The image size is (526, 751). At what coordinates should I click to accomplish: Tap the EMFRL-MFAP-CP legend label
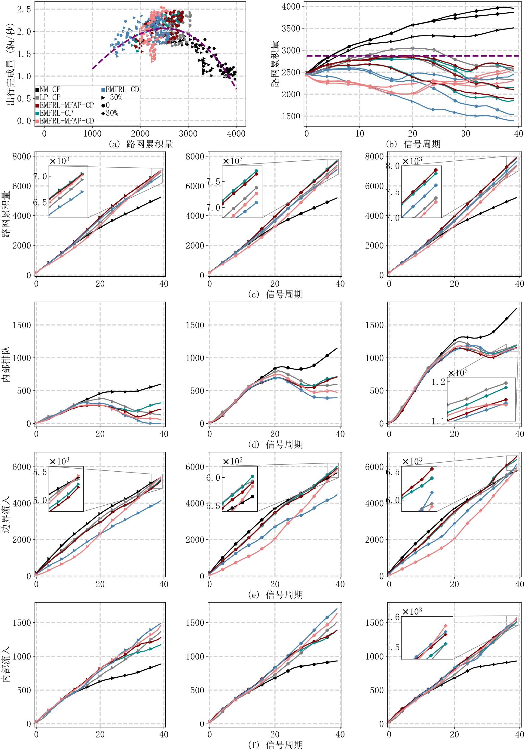65,105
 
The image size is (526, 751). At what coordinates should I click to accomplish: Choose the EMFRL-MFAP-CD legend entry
65,121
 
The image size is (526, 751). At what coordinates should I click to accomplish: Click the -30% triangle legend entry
112,97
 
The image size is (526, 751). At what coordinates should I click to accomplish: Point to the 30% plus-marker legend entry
110,113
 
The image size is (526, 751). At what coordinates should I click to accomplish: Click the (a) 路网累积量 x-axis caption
140,144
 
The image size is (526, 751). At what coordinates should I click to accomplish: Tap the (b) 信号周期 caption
413,144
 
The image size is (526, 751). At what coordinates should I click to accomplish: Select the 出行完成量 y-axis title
11,64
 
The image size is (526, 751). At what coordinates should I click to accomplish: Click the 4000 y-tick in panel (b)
291,7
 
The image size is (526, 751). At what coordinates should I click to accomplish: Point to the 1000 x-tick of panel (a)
92,133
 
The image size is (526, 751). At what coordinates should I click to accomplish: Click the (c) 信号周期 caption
275,294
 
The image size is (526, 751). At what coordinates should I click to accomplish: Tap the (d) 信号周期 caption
275,444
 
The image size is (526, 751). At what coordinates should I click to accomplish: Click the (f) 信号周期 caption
275,745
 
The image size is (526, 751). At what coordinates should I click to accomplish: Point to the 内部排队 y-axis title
6,364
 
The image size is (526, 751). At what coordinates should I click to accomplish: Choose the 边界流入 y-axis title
6,514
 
